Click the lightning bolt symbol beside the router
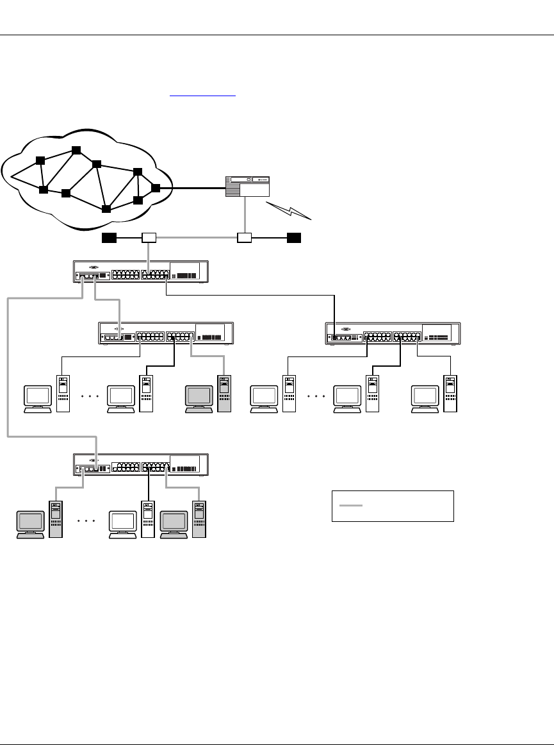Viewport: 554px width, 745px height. pyautogui.click(x=290, y=210)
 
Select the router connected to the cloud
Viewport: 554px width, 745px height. pyautogui.click(x=248, y=185)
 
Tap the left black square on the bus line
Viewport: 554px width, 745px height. pyautogui.click(x=109, y=239)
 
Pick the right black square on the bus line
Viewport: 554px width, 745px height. pyautogui.click(x=294, y=239)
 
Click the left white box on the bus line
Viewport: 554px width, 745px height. pyautogui.click(x=149, y=239)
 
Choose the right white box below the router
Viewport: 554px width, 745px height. pyautogui.click(x=244, y=239)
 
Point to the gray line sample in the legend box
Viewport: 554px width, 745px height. pyautogui.click(x=351, y=506)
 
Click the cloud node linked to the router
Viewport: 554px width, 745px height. pyautogui.click(x=155, y=188)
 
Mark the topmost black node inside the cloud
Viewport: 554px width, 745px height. pyautogui.click(x=76, y=150)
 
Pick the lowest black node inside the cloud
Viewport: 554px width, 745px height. pyautogui.click(x=106, y=209)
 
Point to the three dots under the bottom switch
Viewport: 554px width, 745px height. pyautogui.click(x=86, y=521)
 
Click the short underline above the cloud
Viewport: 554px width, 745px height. pyautogui.click(x=203, y=96)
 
